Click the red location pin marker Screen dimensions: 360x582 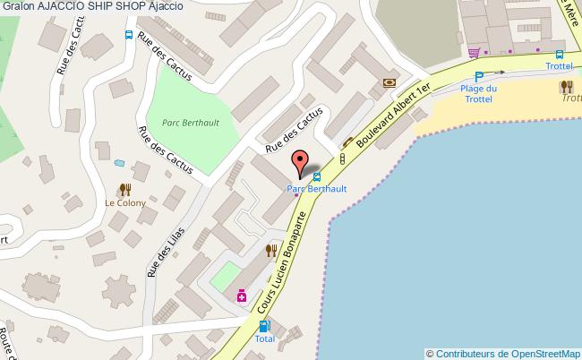click(x=300, y=164)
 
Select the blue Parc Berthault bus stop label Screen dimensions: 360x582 click(x=316, y=189)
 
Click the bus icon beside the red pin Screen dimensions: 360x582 click(x=317, y=176)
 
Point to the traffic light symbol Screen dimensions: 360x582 click(x=342, y=159)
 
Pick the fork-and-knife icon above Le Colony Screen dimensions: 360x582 click(x=124, y=189)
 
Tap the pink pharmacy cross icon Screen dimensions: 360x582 click(x=241, y=296)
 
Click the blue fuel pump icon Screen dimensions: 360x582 click(x=263, y=327)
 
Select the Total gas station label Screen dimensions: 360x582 click(x=264, y=339)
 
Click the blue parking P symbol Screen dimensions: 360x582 click(x=479, y=77)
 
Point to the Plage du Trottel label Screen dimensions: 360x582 click(x=479, y=93)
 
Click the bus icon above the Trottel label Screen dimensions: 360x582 click(x=559, y=54)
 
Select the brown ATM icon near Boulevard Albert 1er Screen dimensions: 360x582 click(x=389, y=82)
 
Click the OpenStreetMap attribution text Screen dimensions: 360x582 click(x=503, y=353)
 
